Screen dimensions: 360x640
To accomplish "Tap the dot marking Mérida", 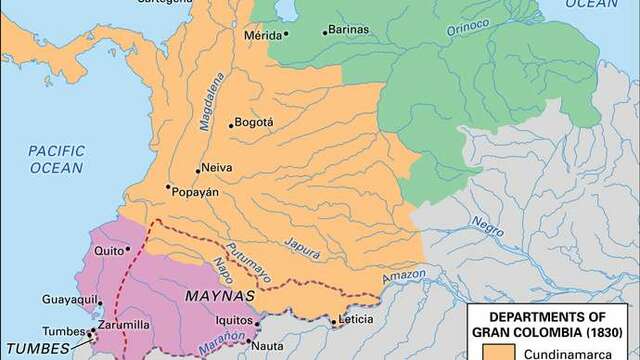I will (x=286, y=34).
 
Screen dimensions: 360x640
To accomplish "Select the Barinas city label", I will (x=349, y=31).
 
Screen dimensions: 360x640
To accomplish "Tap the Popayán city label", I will (x=195, y=190).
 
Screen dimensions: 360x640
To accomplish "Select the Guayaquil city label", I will (x=69, y=299).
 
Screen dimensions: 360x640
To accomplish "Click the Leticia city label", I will (x=356, y=321).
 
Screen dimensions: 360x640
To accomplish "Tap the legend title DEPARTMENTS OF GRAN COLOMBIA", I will (x=553, y=322).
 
